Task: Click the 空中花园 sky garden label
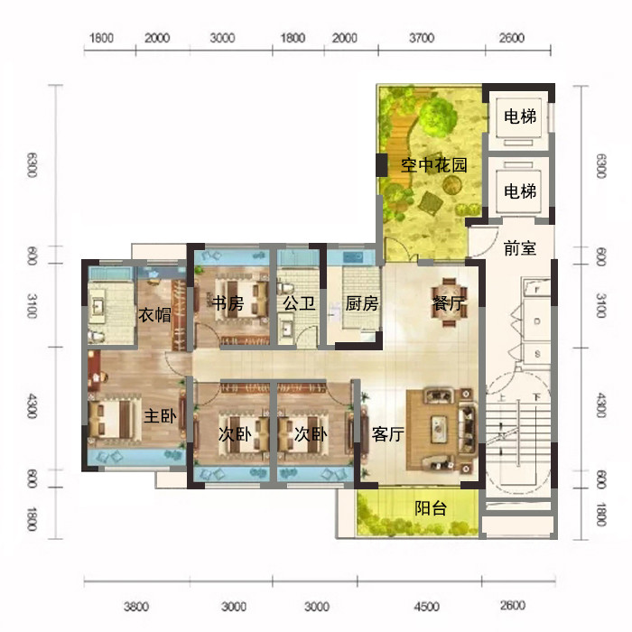click(x=433, y=165)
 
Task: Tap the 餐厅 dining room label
click(x=449, y=302)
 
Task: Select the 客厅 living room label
click(x=387, y=434)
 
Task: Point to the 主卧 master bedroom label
click(x=160, y=416)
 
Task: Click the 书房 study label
click(x=228, y=303)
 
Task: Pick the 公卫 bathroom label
click(x=299, y=303)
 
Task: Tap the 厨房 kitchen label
click(x=362, y=303)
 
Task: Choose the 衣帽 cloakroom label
click(x=154, y=315)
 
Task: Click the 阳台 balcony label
click(x=431, y=508)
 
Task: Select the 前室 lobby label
click(x=520, y=248)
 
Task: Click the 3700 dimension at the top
click(x=422, y=38)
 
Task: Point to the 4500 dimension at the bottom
click(x=426, y=606)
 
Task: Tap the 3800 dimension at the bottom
click(x=136, y=606)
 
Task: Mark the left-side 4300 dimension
click(x=33, y=406)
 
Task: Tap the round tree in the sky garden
click(x=439, y=113)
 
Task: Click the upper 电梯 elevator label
click(x=520, y=116)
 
